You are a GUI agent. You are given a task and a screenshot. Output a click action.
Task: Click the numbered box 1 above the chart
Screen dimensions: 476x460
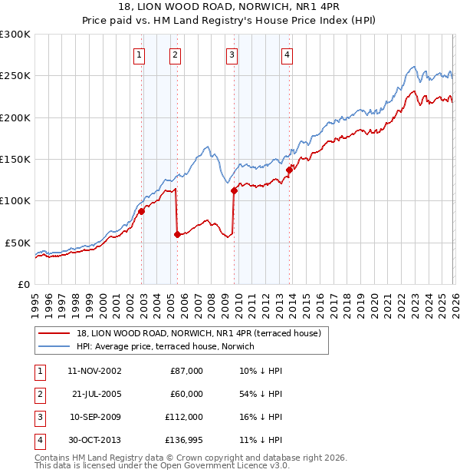click(139, 55)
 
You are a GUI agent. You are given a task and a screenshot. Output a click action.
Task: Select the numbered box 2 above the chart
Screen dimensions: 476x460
click(175, 55)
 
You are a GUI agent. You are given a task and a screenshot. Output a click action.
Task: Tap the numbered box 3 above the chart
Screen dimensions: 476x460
click(232, 55)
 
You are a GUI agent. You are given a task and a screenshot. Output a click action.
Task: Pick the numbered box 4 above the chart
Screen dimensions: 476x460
click(286, 55)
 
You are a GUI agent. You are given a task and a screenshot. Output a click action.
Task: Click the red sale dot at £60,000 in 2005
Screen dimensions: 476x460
click(178, 234)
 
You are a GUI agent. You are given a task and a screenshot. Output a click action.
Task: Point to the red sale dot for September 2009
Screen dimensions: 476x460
click(234, 191)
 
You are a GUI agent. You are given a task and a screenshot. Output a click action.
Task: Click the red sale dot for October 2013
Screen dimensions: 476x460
click(290, 170)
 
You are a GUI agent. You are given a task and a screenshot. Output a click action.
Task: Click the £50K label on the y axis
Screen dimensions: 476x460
click(18, 243)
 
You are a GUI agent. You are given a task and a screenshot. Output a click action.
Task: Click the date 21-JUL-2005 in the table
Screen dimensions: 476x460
click(97, 393)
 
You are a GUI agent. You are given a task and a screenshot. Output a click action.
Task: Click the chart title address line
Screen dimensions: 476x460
click(230, 8)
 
